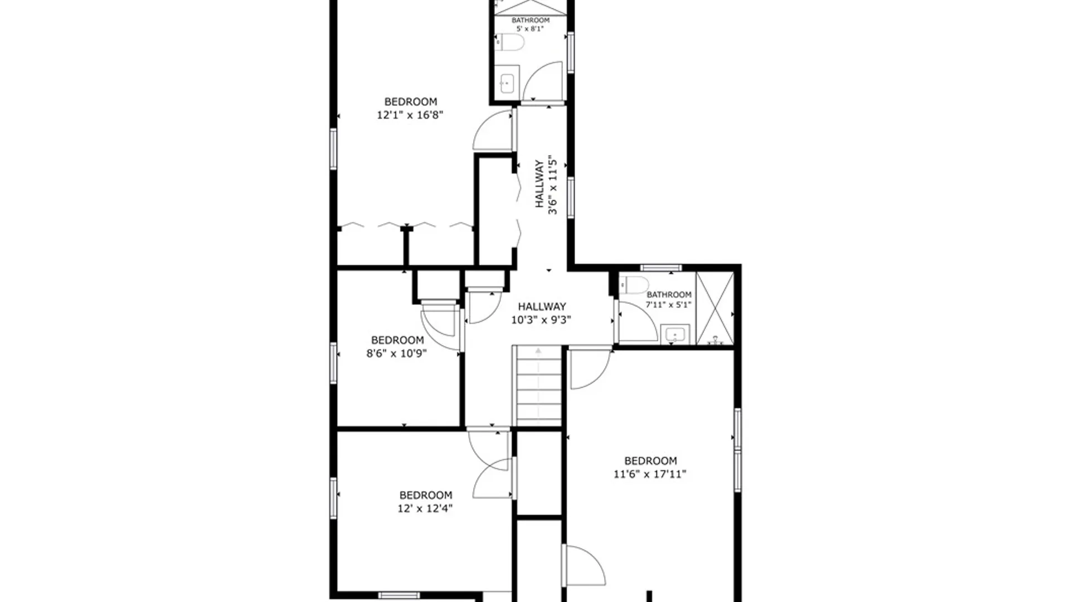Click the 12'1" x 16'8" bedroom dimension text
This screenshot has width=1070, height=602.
click(x=410, y=115)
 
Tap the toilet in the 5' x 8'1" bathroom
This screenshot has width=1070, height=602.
click(x=510, y=42)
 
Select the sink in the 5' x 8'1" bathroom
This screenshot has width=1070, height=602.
click(x=507, y=84)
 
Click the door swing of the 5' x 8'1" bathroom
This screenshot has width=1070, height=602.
click(x=543, y=82)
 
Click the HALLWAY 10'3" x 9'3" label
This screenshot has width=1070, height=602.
click(x=542, y=313)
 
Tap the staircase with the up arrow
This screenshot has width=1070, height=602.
click(x=538, y=385)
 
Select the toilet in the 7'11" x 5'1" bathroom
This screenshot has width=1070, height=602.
click(x=634, y=285)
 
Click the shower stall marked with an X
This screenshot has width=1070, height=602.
click(x=715, y=308)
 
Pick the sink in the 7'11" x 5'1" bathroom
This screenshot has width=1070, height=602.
click(x=675, y=335)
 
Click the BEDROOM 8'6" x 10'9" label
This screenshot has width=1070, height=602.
click(x=397, y=346)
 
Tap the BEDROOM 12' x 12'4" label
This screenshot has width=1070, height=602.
click(x=425, y=501)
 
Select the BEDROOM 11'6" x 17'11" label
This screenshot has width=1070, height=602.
click(x=650, y=467)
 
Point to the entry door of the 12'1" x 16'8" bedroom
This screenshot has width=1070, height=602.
click(x=493, y=131)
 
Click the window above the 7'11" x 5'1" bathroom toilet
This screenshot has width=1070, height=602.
click(x=661, y=268)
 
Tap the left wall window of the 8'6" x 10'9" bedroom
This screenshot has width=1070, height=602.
click(x=333, y=363)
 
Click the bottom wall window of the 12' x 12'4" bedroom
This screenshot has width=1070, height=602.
click(x=398, y=595)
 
